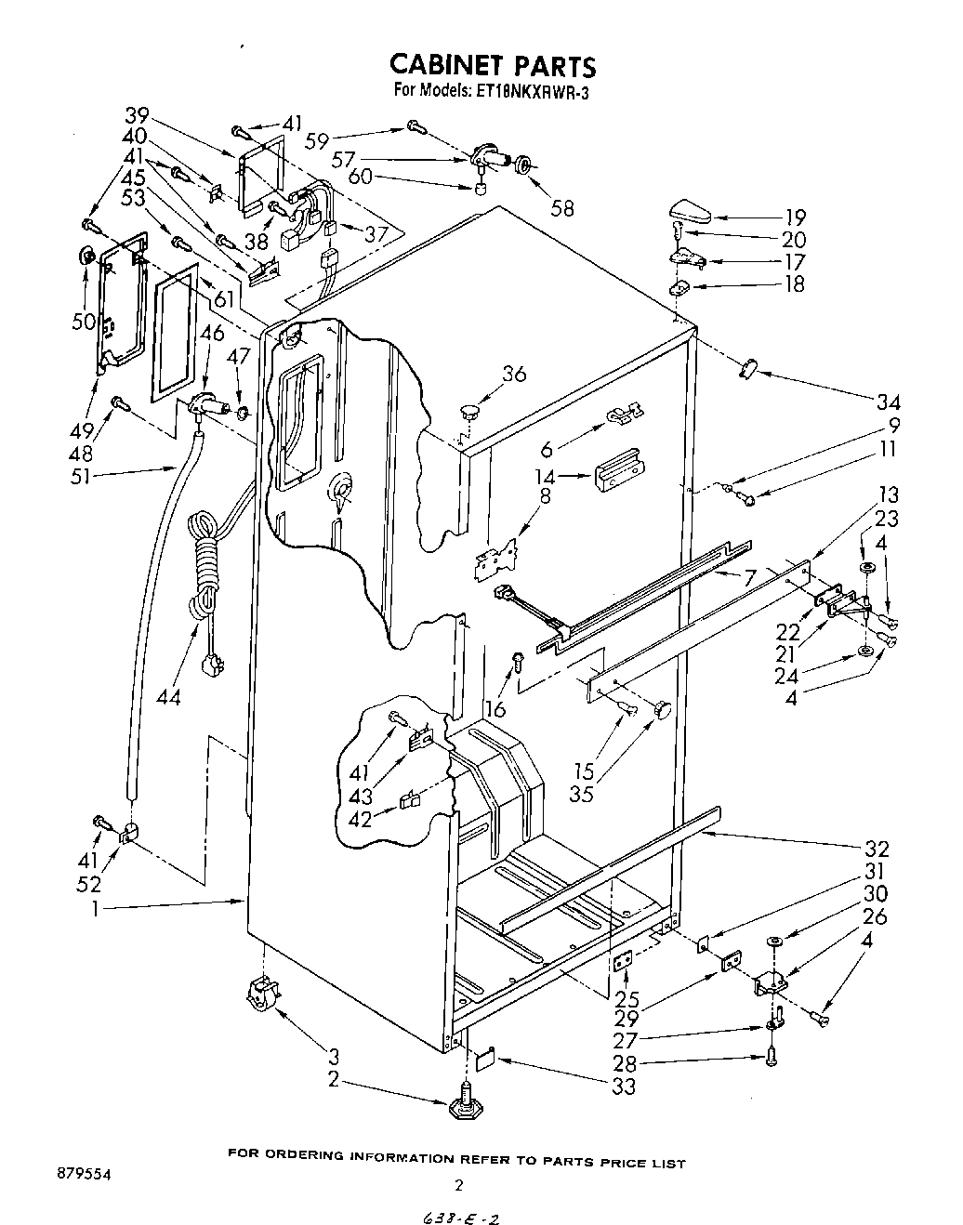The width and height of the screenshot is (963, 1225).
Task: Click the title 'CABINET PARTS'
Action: [x=492, y=65]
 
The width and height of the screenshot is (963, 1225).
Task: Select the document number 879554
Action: [x=85, y=1175]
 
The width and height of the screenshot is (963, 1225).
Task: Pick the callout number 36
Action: [x=513, y=374]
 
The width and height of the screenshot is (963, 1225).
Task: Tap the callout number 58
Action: [x=562, y=207]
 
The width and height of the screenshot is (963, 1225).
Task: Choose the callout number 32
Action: [x=876, y=848]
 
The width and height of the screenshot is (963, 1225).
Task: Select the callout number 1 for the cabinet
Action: [x=94, y=910]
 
